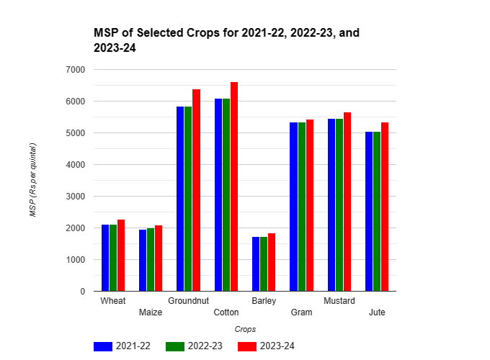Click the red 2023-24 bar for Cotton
234,186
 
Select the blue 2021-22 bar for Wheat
105,258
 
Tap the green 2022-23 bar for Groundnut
188,199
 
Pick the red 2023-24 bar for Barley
272,262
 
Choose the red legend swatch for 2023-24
247,346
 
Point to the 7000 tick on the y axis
75,70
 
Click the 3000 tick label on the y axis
75,197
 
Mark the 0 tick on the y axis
81,292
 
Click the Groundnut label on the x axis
188,300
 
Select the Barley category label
264,300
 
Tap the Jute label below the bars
377,312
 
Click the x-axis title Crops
245,329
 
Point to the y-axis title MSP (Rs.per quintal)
32,180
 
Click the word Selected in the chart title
154,33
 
